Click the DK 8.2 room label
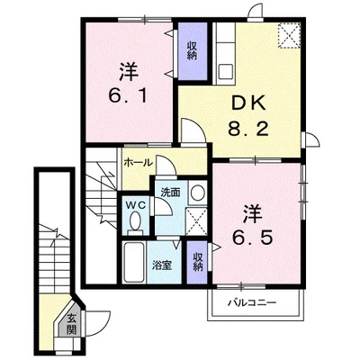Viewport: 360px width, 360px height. [x=247, y=117]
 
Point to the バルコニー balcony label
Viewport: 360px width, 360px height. [x=251, y=302]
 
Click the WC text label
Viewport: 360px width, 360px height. [x=136, y=205]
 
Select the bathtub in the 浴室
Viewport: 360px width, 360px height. [x=135, y=263]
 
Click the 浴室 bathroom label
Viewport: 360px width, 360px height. [x=162, y=265]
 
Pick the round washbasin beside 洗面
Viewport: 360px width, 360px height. [x=198, y=193]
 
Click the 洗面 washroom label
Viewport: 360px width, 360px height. [x=170, y=193]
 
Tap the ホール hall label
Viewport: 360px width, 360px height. [x=139, y=163]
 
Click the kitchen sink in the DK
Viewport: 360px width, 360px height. [x=226, y=71]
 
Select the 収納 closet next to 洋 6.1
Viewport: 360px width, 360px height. [x=193, y=50]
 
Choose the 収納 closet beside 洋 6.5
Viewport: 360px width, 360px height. [x=197, y=262]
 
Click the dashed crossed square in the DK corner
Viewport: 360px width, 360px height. [x=289, y=36]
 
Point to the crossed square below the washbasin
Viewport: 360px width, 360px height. [x=196, y=221]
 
